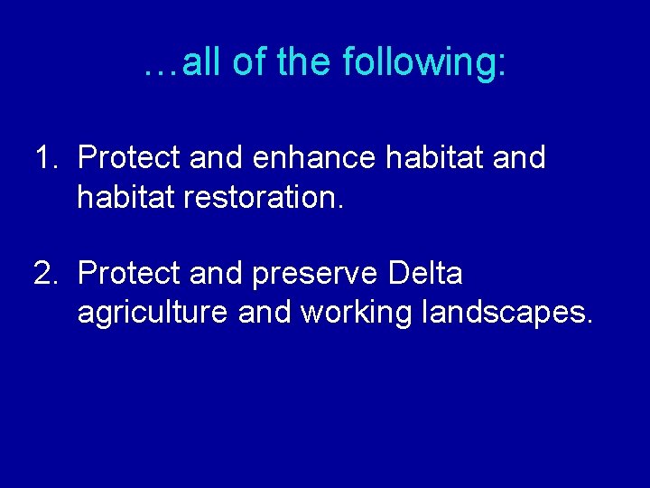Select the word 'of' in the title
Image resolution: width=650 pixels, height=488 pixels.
251,62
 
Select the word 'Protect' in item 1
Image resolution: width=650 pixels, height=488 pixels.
129,157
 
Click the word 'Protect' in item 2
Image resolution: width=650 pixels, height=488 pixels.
129,273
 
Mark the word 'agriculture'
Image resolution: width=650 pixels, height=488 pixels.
153,314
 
